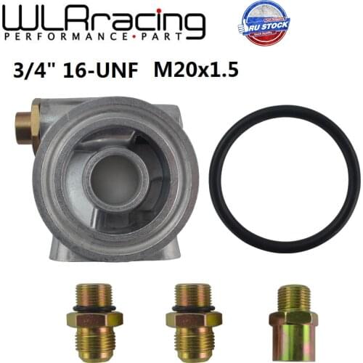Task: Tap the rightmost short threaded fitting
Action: point(292,319)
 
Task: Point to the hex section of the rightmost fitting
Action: point(292,318)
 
